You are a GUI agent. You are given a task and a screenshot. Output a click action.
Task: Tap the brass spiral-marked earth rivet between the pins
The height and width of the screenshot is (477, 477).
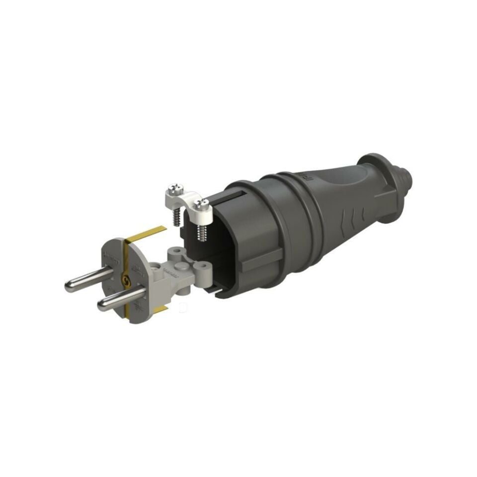point(125,282)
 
